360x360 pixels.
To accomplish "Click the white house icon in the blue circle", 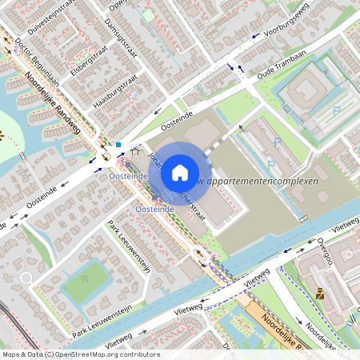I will [x=180, y=172].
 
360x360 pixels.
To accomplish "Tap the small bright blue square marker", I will [x=118, y=145].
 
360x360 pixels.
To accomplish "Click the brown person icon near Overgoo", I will [x=319, y=293].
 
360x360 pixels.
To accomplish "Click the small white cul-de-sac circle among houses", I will [x=26, y=278].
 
